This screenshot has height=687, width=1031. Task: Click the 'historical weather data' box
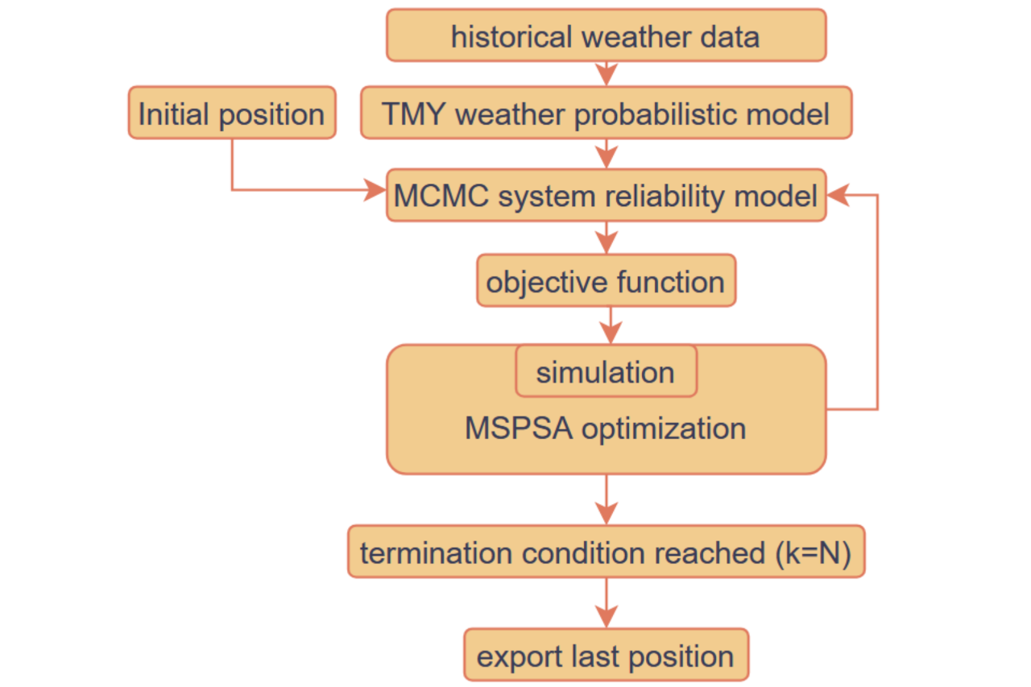point(607,35)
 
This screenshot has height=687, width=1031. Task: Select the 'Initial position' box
point(232,112)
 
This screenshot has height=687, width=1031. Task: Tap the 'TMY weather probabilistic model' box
point(607,112)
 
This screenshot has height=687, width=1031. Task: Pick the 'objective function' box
point(607,280)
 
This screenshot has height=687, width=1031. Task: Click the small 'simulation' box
point(607,370)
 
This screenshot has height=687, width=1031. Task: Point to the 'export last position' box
point(607,654)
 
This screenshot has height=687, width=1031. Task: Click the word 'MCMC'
point(441,196)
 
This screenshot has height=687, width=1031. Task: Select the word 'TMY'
point(413,114)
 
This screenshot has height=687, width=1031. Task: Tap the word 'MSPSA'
point(519,428)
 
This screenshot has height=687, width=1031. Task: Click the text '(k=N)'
point(813,552)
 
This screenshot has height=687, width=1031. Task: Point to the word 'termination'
point(436,552)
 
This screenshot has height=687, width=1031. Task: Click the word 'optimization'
point(664,428)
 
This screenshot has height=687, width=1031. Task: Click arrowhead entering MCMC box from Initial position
point(375,189)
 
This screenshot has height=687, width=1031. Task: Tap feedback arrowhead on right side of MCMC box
point(838,195)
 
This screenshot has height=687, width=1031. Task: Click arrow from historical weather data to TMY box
point(607,73)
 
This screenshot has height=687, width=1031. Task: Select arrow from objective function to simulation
point(611,325)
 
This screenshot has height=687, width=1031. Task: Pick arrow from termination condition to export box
point(607,602)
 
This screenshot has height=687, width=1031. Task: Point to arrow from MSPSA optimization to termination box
point(607,499)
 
